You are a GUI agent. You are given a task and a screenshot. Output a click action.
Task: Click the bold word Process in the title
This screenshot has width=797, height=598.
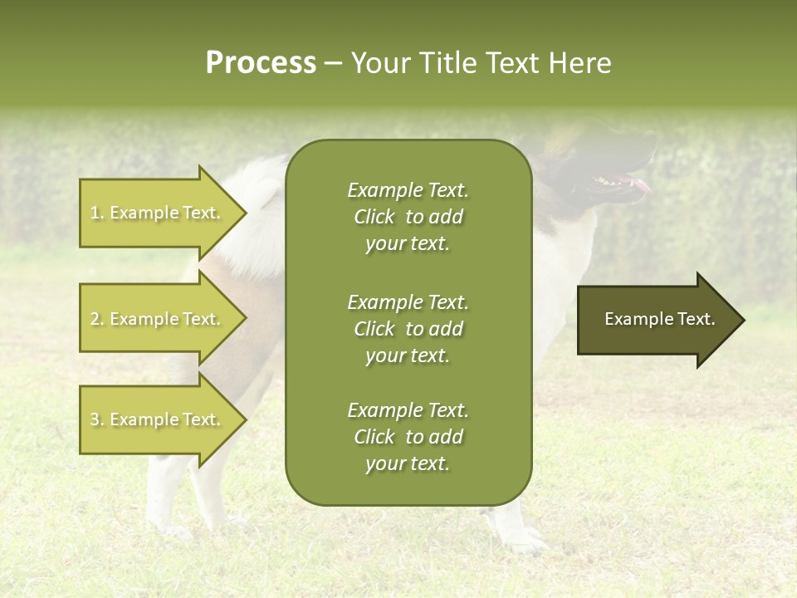[261, 63]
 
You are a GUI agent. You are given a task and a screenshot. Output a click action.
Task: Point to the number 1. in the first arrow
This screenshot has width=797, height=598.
[97, 213]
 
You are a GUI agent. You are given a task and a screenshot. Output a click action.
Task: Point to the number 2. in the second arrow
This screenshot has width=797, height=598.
[97, 319]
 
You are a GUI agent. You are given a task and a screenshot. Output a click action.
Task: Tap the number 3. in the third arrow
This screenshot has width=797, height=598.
[97, 419]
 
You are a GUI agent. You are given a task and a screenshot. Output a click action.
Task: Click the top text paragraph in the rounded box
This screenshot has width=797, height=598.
[408, 217]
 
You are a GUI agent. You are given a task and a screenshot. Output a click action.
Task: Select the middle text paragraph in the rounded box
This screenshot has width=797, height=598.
[408, 329]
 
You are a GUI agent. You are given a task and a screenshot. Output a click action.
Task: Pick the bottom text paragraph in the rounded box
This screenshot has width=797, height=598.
[408, 437]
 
